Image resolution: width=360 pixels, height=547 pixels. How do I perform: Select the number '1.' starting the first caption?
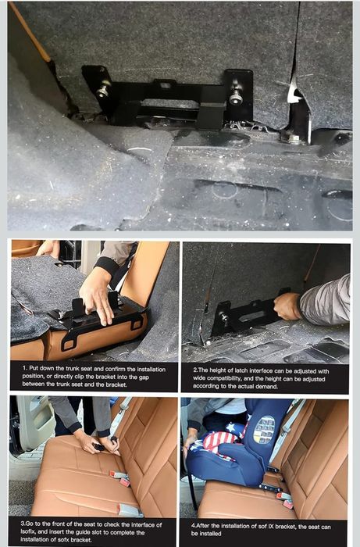pos(25,367)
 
